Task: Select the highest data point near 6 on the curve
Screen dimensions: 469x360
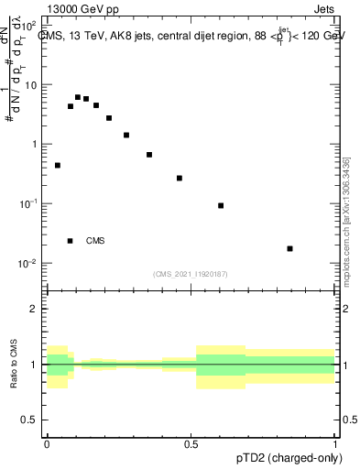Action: coord(78,97)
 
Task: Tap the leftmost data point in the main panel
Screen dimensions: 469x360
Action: coord(58,166)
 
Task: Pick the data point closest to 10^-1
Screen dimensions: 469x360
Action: coord(221,205)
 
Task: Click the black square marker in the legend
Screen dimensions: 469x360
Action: coord(71,241)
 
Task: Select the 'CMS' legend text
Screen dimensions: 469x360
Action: coord(95,241)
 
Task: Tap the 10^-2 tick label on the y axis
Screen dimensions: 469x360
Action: coord(31,264)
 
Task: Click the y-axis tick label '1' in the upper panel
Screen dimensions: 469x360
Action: coord(37,145)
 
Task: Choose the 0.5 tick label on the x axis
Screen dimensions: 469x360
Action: coord(191,445)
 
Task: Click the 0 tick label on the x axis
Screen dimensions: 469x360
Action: coord(47,445)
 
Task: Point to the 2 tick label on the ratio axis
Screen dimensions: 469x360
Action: coord(36,309)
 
